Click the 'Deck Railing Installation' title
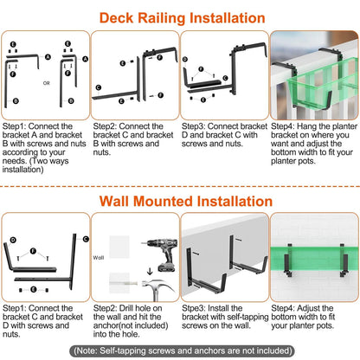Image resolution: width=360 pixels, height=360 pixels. pyautogui.click(x=180, y=17)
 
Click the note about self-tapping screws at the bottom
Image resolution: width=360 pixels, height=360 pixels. pyautogui.click(x=180, y=350)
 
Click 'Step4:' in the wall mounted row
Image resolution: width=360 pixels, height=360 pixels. pyautogui.click(x=285, y=307)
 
